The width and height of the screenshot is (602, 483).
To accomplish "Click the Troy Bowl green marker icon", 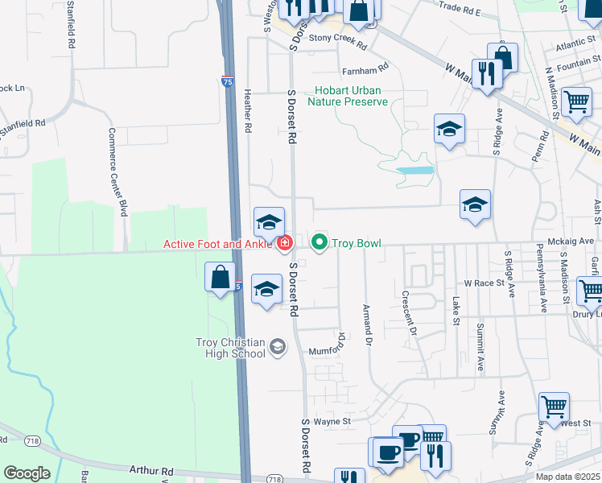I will tap(320, 242).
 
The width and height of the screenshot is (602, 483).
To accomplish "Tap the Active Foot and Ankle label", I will tap(219, 244).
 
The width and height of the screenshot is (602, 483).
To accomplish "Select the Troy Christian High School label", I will tap(230, 348).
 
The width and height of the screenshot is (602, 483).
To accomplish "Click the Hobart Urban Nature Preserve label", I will tap(352, 97).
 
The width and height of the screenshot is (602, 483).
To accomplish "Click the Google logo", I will tap(27, 473).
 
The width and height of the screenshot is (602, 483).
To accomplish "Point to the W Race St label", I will tap(484, 283).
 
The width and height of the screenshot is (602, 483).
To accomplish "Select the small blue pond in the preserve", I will tap(414, 171).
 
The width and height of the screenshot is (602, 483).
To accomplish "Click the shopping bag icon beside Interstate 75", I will tap(221, 278).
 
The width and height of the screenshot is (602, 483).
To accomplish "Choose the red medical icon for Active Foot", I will tap(284, 244).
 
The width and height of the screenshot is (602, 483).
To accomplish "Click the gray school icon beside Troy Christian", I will tap(278, 347).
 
